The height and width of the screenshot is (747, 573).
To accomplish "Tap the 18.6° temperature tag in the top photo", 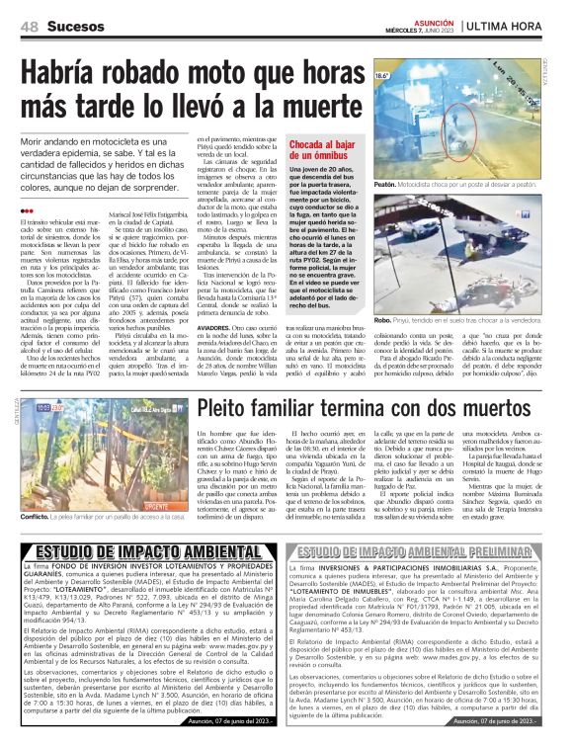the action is pos(383,75).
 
